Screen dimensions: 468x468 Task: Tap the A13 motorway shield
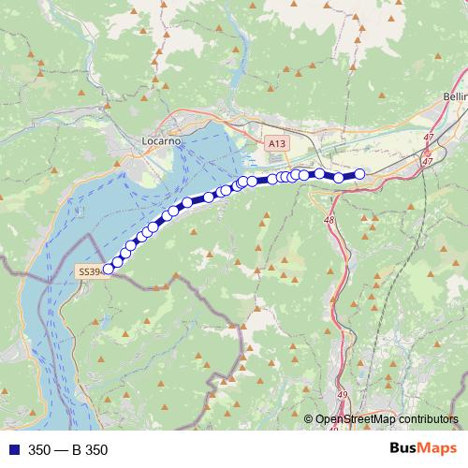click(x=275, y=144)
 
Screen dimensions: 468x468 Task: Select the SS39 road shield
click(x=87, y=271)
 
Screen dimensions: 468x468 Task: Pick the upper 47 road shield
click(x=428, y=138)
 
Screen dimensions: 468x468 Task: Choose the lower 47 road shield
click(x=428, y=161)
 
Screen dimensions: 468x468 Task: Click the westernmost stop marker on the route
click(x=108, y=269)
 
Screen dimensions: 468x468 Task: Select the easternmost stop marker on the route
click(x=359, y=173)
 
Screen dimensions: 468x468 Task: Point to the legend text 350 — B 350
click(x=67, y=450)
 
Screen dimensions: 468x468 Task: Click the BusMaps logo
click(x=417, y=449)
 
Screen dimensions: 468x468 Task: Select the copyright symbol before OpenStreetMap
click(x=309, y=419)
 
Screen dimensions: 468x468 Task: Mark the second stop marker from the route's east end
click(x=339, y=177)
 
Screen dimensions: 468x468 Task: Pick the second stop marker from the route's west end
click(x=118, y=260)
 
